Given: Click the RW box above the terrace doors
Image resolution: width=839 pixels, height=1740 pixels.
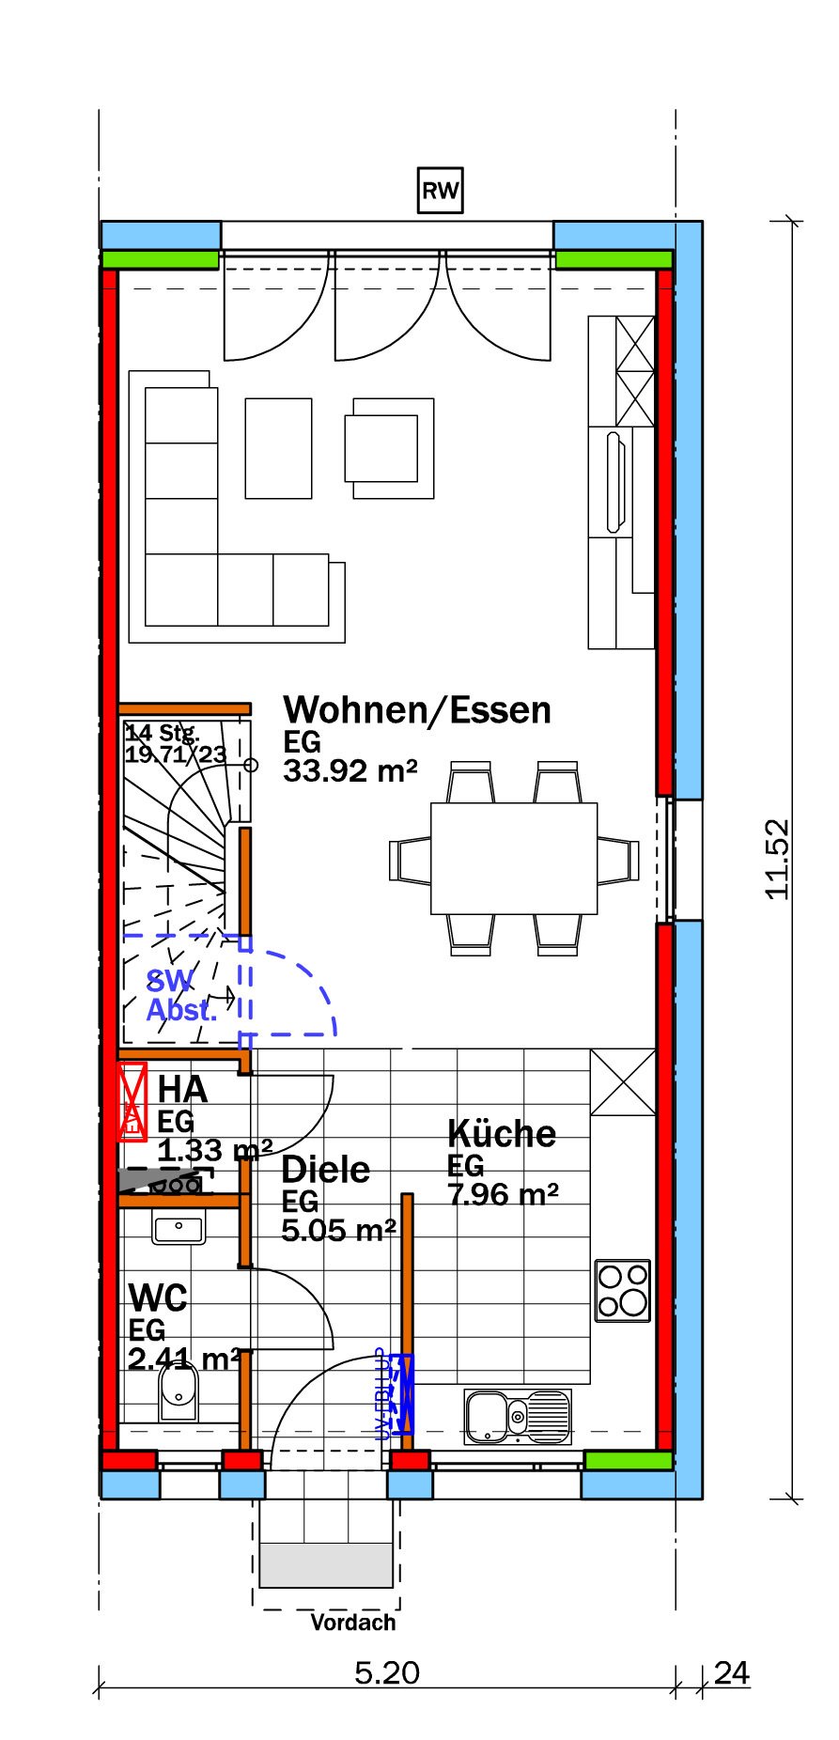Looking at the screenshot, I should coord(440,191).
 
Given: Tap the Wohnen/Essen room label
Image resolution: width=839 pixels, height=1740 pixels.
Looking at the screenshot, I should coord(417,709).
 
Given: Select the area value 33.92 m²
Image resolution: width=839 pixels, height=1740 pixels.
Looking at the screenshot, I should coord(350,771).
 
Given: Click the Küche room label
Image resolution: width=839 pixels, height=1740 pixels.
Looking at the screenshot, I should coord(501,1133).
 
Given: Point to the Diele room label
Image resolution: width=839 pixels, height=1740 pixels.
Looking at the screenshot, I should coord(326,1170).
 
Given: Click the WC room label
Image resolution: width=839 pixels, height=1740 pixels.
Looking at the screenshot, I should coord(158,1298).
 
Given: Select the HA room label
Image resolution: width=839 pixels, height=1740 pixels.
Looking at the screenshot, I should coord(182,1089).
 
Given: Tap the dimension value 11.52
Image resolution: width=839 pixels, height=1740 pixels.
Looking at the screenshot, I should coord(778,860).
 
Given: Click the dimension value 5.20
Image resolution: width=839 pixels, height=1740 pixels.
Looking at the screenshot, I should coord(387,1672).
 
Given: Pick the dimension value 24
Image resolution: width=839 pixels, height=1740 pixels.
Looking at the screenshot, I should coord(731,1672).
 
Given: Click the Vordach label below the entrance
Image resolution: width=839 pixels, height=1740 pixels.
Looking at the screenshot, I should coord(353,1623).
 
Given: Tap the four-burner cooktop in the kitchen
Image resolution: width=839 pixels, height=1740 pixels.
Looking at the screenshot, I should coord(623,1290).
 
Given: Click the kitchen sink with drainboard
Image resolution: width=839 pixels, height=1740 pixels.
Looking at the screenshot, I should coord(518,1417).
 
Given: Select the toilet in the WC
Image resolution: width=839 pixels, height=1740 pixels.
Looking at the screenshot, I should coord(178,1391).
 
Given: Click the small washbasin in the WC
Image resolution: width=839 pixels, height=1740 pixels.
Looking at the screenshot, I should coord(179,1227).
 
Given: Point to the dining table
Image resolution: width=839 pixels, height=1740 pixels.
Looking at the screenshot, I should coord(514,858).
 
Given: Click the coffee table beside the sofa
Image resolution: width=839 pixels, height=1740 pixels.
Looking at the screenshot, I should coord(278,448).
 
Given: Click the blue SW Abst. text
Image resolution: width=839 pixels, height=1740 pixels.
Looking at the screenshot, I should coord(180,996).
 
